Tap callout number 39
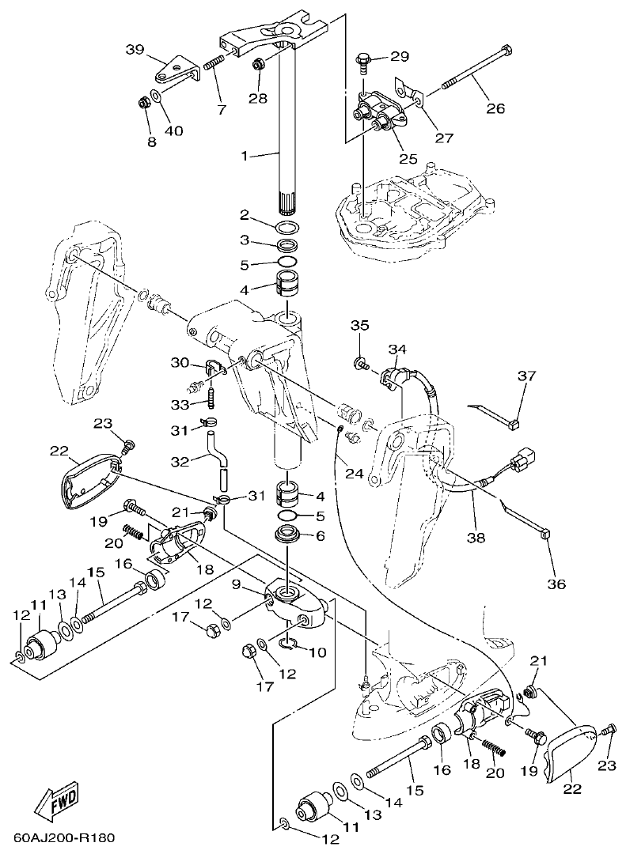pyautogui.click(x=135, y=49)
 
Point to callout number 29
pyautogui.click(x=400, y=56)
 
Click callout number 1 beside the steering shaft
pyautogui.click(x=245, y=156)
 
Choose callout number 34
pyautogui.click(x=397, y=349)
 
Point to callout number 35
pyautogui.click(x=360, y=325)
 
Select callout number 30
pyautogui.click(x=180, y=362)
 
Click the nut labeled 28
pyautogui.click(x=259, y=64)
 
